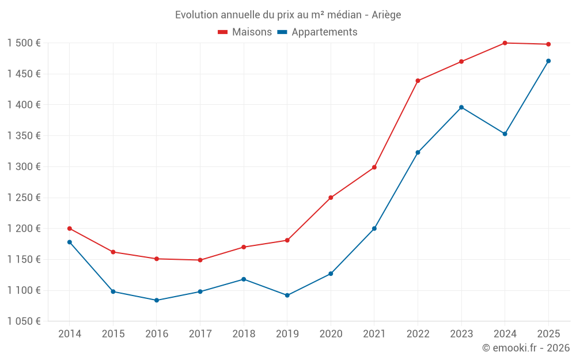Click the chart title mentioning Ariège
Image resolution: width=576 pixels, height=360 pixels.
(x=288, y=15)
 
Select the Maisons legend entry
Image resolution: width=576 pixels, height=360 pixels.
(x=245, y=32)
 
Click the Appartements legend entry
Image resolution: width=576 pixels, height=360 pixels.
(x=317, y=32)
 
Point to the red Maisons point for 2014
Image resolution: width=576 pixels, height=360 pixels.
(x=70, y=229)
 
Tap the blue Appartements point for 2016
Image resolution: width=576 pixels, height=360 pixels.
(x=157, y=300)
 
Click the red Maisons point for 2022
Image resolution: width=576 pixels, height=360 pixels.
(x=418, y=81)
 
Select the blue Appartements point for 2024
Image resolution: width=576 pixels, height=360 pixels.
(x=505, y=134)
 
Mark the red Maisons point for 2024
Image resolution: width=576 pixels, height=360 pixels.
(x=505, y=43)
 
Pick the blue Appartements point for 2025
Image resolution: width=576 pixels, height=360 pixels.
(x=548, y=61)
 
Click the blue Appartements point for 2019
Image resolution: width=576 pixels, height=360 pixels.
(x=287, y=295)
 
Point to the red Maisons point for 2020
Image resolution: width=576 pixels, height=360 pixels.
(x=331, y=198)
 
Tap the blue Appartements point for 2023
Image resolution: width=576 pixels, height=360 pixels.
(x=461, y=107)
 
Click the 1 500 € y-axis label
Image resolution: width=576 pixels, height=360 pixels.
(x=24, y=43)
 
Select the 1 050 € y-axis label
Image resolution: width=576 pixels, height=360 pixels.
(x=24, y=321)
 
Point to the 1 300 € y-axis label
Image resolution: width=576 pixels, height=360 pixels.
(x=24, y=167)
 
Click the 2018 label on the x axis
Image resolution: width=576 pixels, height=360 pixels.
(x=244, y=334)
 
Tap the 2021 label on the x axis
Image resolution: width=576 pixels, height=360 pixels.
(x=374, y=334)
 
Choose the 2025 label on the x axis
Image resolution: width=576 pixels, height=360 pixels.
(x=548, y=334)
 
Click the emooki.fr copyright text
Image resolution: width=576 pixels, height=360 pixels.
(x=525, y=348)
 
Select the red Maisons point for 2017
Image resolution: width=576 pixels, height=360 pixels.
(x=200, y=260)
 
